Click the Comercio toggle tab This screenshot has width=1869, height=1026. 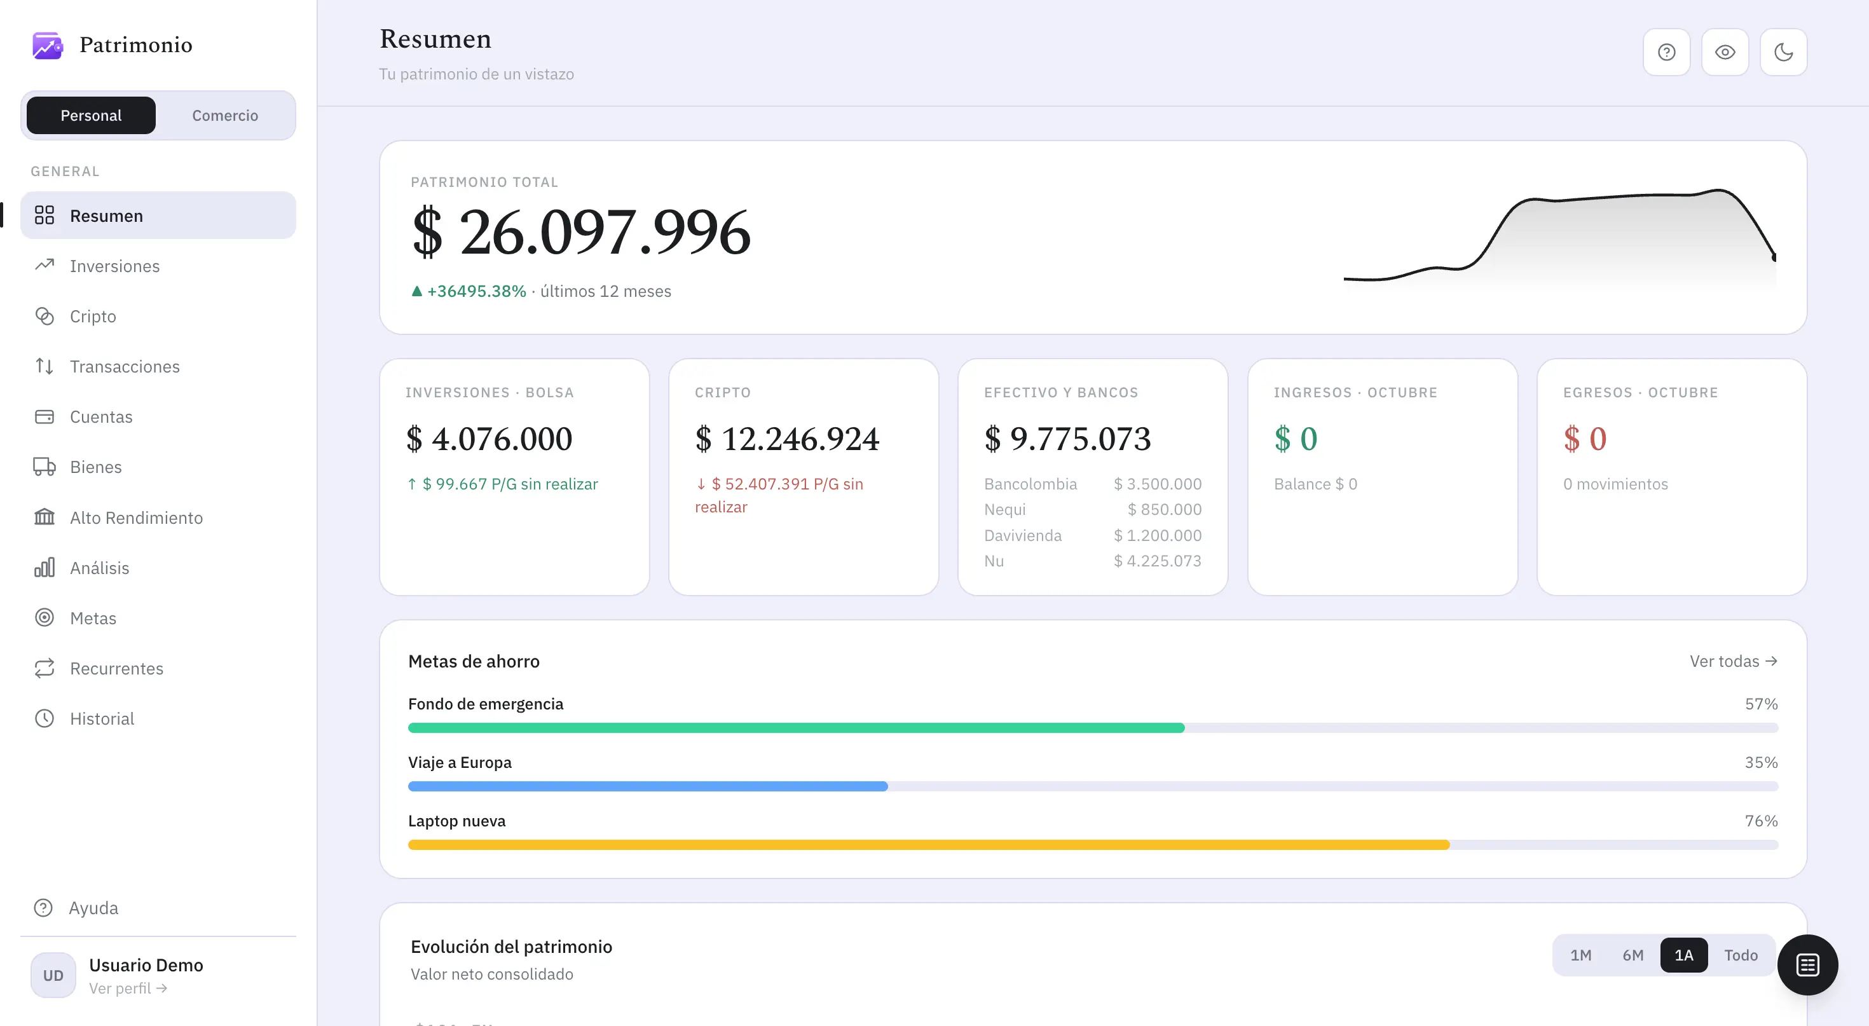(x=225, y=115)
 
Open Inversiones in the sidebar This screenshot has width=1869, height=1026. (x=114, y=266)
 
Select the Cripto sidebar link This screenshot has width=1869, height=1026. (x=93, y=317)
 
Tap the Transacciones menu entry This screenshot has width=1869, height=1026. (x=125, y=366)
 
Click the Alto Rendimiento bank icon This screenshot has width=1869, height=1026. (x=44, y=517)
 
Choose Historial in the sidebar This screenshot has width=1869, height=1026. (x=102, y=718)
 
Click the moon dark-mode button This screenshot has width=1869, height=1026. (x=1783, y=52)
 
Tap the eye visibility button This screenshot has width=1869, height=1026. (x=1725, y=52)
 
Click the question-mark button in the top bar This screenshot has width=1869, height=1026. (x=1667, y=52)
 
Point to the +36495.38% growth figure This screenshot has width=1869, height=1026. (x=477, y=291)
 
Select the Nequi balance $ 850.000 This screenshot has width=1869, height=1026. (x=1165, y=509)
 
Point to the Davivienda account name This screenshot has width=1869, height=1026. (x=1022, y=535)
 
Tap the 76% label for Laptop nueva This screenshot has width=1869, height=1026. (x=1761, y=821)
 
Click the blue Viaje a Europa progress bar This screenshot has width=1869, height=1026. (x=648, y=786)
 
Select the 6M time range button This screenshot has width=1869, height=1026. (x=1633, y=955)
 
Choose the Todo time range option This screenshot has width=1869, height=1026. (x=1741, y=955)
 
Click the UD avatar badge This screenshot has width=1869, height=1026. (x=53, y=975)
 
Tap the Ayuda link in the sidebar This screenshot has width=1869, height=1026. (x=93, y=908)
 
